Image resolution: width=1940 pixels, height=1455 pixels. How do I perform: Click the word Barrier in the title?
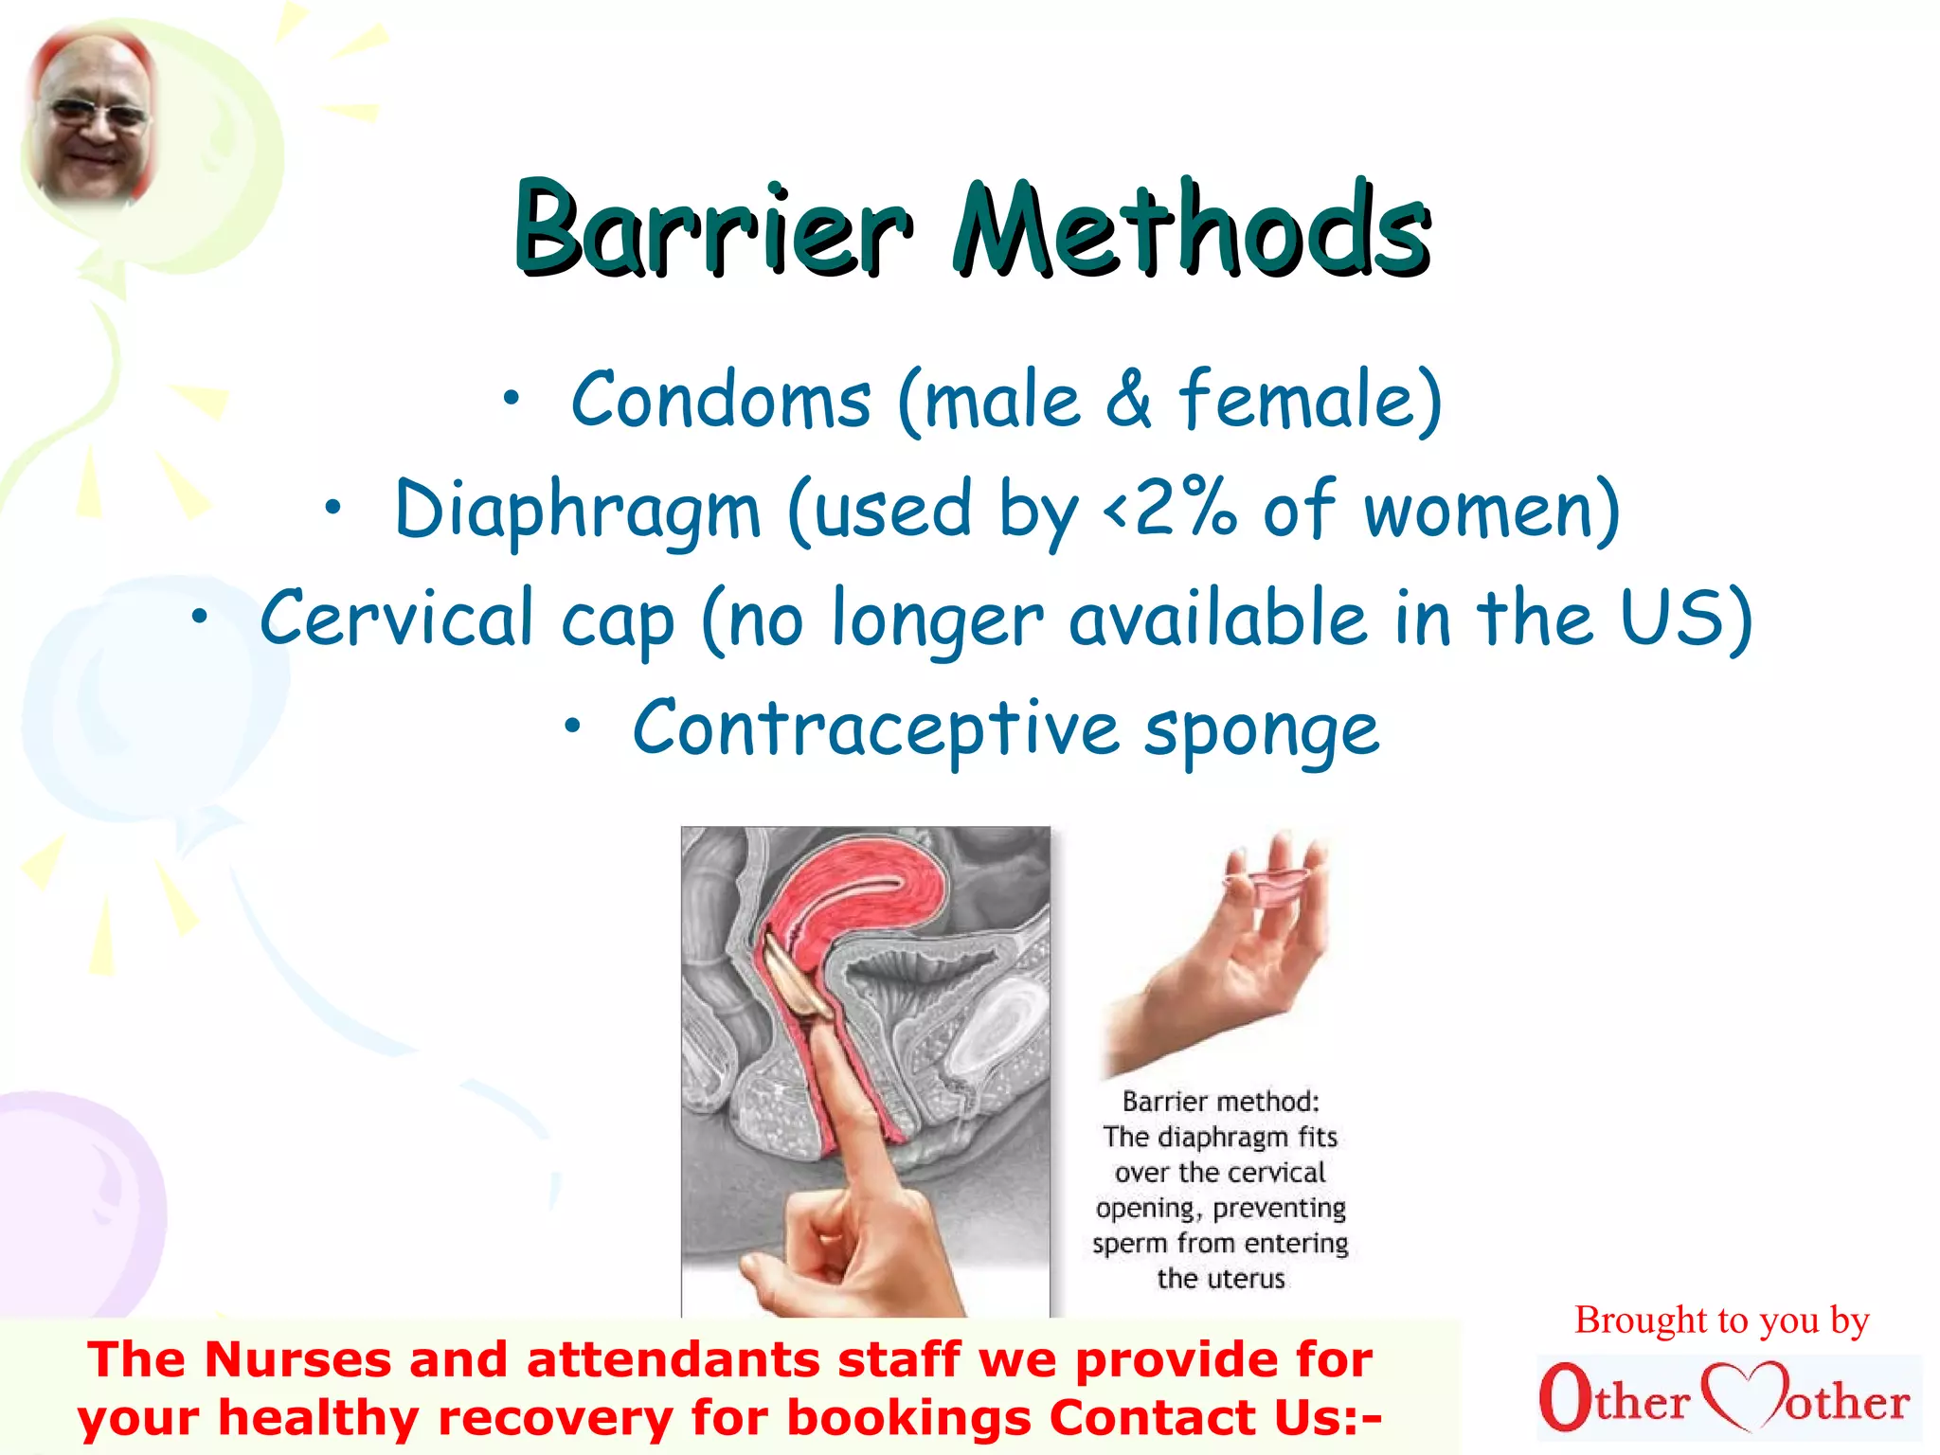pyautogui.click(x=712, y=229)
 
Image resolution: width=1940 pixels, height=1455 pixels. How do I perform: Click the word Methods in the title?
pyautogui.click(x=1192, y=229)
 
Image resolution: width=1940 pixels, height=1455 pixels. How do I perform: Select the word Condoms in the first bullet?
pyautogui.click(x=720, y=402)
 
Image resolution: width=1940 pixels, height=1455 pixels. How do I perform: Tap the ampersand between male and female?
pyautogui.click(x=1127, y=402)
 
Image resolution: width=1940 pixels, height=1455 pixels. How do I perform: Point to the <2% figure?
pyautogui.click(x=1171, y=510)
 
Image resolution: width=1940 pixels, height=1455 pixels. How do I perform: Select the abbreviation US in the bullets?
pyautogui.click(x=1673, y=618)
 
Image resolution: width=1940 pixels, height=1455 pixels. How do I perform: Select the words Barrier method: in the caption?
pyautogui.click(x=1220, y=1102)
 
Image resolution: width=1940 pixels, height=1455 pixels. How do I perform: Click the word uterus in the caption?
pyautogui.click(x=1241, y=1279)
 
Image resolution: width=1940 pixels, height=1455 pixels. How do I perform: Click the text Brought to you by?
pyautogui.click(x=1721, y=1320)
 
